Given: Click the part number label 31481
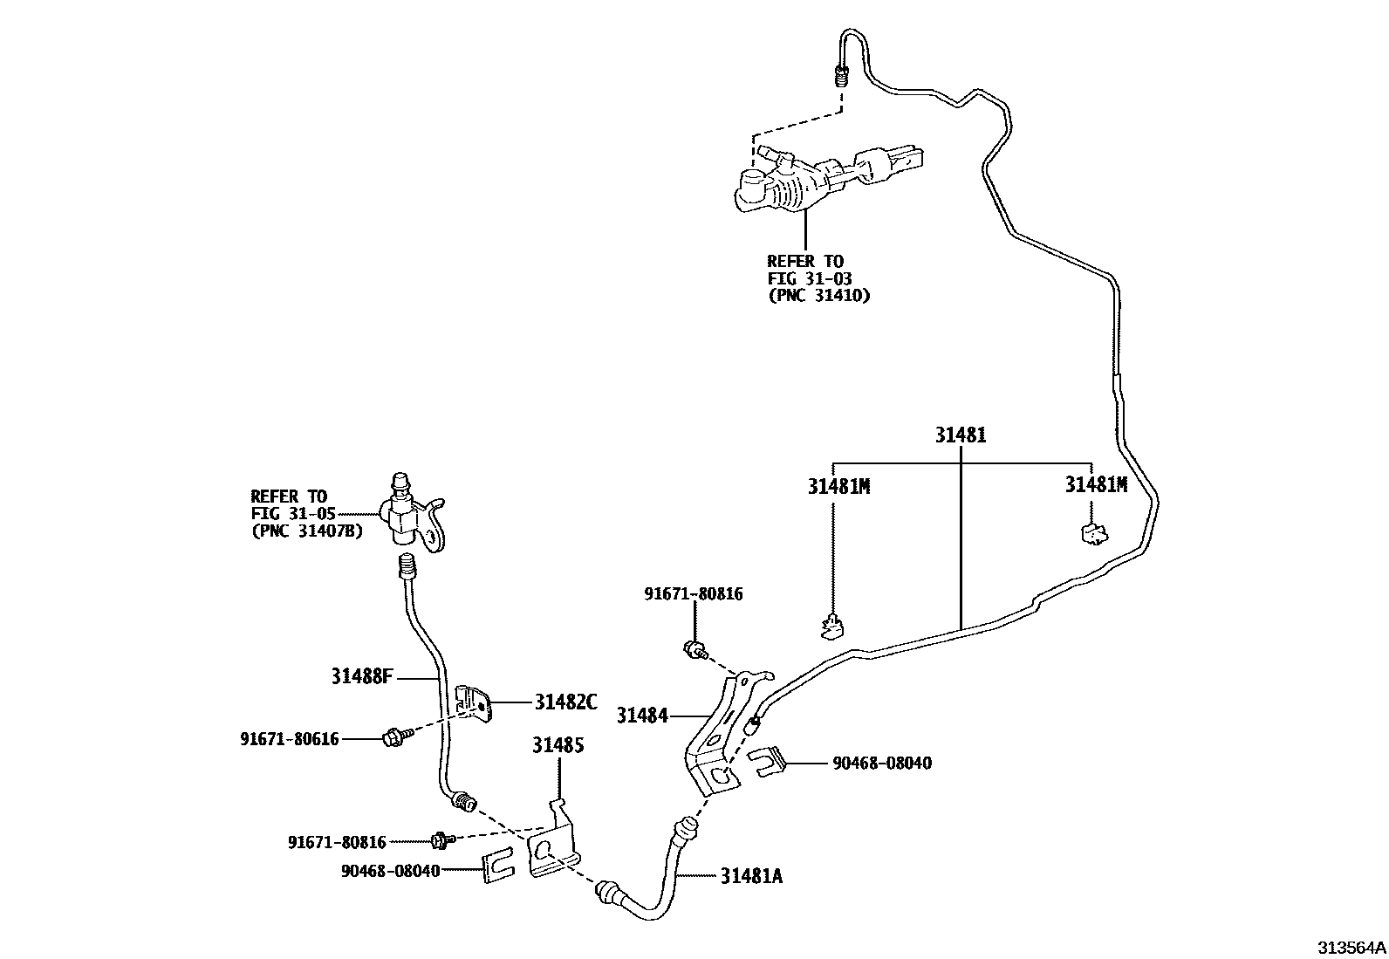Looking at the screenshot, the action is (961, 435).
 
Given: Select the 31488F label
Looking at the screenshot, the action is (361, 676).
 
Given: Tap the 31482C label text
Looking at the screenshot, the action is (566, 702).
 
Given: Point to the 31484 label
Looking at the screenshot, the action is (642, 716).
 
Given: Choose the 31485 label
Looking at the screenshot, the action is (558, 745).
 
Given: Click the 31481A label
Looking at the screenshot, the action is (751, 876).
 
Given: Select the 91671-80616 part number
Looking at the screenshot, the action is (290, 739).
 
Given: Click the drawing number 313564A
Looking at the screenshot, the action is (1351, 948).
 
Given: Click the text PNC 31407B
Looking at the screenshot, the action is (308, 531).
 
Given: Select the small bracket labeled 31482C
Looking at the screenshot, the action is (474, 703).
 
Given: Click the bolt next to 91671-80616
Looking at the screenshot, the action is (395, 737).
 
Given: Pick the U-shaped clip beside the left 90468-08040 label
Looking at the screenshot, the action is (498, 865).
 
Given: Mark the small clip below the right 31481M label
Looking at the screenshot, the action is (1094, 533).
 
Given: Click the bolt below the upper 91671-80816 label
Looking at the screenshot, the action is (696, 649).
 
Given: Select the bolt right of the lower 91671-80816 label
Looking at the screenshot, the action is (442, 840).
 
